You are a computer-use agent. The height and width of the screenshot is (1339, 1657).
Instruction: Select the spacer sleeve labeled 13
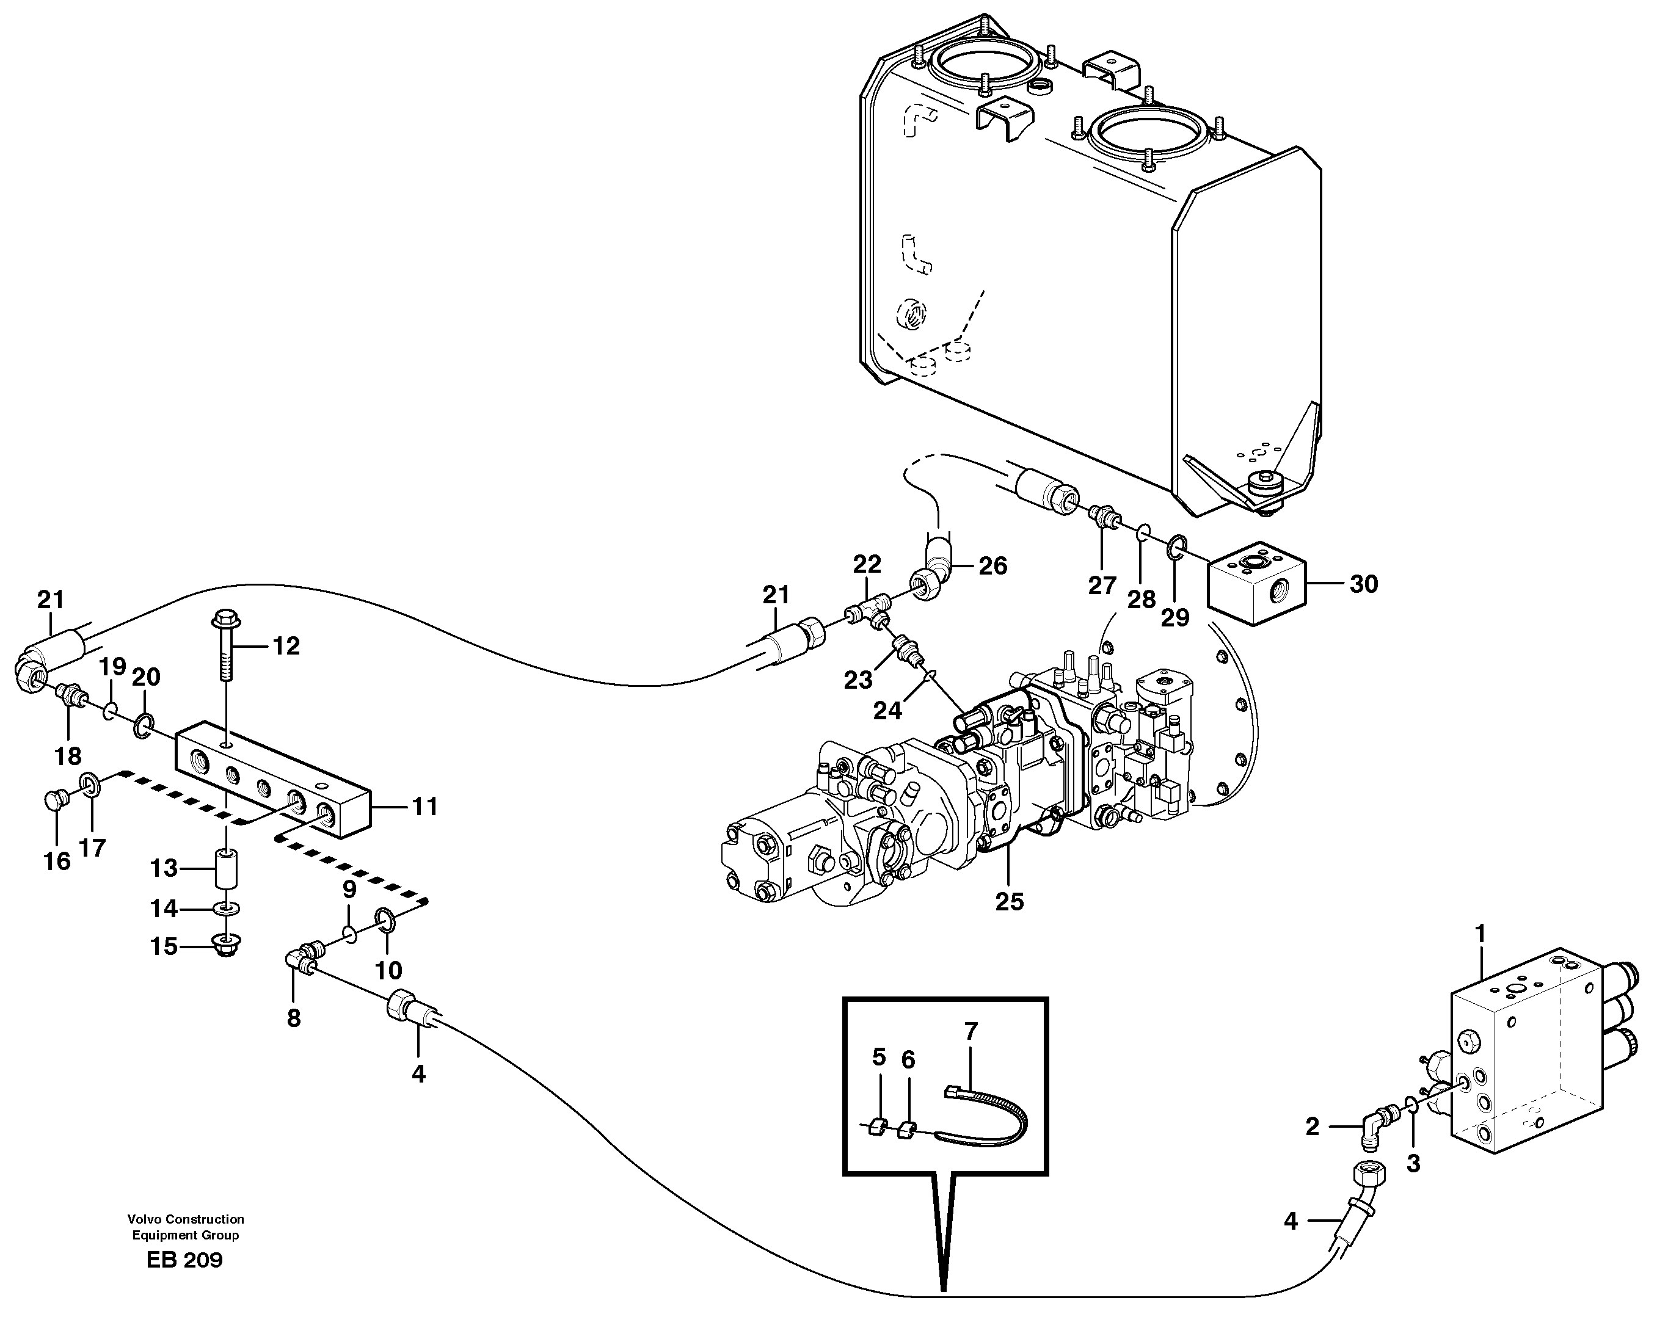(x=226, y=869)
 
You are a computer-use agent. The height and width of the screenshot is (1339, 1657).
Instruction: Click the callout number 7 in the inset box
(x=971, y=1031)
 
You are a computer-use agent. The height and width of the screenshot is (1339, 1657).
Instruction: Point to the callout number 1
(x=1480, y=934)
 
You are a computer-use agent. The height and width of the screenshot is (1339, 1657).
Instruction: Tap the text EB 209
(x=184, y=1260)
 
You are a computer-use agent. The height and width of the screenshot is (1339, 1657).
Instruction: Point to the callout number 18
(x=68, y=756)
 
